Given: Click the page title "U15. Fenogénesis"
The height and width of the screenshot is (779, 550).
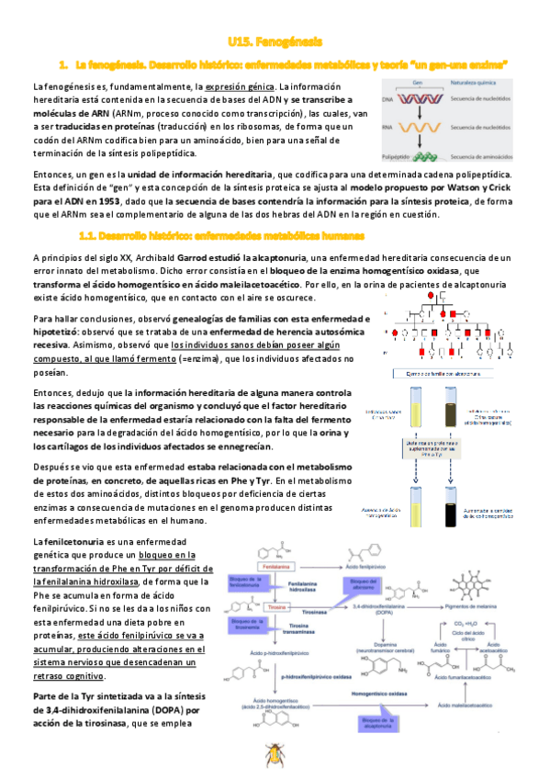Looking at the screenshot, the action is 275,42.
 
